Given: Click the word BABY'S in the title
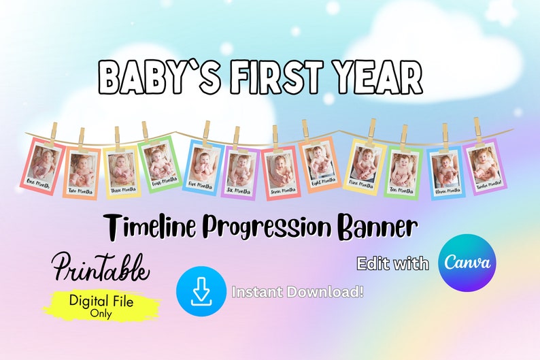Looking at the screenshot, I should [x=156, y=78].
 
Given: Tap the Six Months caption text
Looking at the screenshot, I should [x=240, y=189].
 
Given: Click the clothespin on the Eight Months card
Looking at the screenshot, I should [x=305, y=129].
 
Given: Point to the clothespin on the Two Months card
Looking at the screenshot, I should [x=82, y=136].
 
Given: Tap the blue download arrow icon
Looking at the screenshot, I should [x=201, y=291].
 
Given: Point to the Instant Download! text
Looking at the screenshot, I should [x=298, y=292].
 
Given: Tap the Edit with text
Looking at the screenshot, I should [x=393, y=263].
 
